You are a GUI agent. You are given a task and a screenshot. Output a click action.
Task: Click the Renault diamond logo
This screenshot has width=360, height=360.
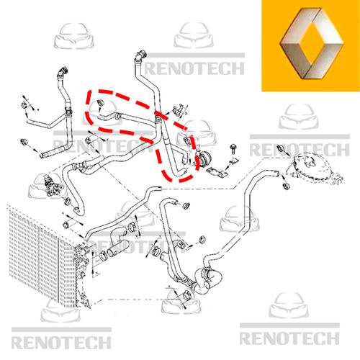coord(311,43)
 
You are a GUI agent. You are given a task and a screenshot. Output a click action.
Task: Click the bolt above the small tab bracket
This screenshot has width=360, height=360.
coord(233,149)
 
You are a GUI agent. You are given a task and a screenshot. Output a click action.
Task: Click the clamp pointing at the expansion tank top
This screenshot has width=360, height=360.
coord(280,148)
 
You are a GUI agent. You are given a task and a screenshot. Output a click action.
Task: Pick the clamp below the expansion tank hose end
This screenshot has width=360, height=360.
coord(286,186)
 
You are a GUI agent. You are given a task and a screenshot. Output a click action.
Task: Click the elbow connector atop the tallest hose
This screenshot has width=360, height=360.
coord(140,55)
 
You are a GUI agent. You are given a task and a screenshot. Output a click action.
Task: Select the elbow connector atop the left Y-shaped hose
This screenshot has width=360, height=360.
coord(63,71)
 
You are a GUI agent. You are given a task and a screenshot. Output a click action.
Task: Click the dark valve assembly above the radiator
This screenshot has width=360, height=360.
coord(52,186)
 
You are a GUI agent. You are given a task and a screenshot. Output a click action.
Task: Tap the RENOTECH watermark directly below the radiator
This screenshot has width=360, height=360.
coord(61,343)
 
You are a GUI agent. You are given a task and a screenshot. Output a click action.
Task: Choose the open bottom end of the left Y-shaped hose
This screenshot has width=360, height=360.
coord(42,156)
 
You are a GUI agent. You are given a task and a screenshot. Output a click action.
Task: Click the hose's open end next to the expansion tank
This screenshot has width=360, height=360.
coord(276,173)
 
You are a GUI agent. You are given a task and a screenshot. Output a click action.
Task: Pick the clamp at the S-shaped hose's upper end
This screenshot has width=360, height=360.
coord(132,226)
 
